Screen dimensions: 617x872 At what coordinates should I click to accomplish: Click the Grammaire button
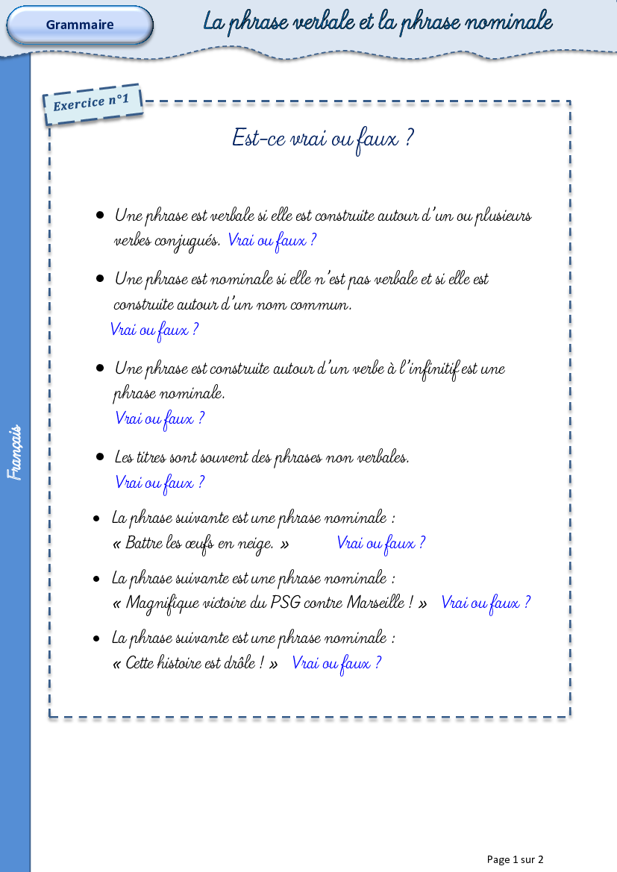click(x=80, y=25)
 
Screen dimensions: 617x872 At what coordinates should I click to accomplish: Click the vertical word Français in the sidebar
click(x=15, y=452)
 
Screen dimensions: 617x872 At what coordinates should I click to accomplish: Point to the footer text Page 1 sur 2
click(x=515, y=859)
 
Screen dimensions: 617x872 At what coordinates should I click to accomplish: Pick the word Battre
click(x=143, y=543)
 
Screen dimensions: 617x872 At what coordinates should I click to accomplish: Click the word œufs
click(x=199, y=544)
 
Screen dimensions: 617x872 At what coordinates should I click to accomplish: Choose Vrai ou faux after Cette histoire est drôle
click(x=336, y=663)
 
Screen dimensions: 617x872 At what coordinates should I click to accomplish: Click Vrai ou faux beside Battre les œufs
click(x=381, y=543)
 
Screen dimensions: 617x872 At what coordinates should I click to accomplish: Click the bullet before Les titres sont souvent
click(x=100, y=457)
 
